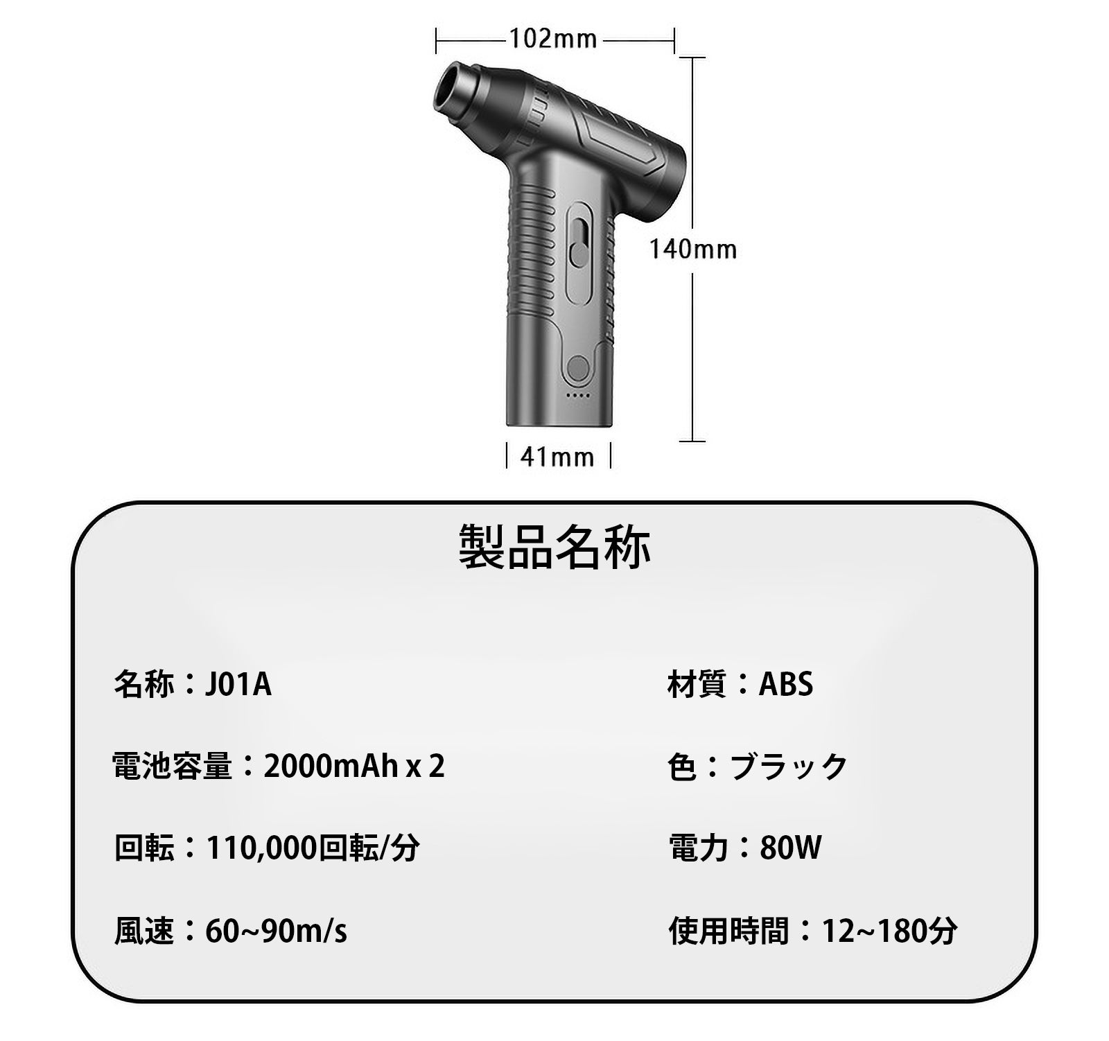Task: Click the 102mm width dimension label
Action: coord(553,39)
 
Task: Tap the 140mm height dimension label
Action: coord(692,250)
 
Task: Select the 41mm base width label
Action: coord(557,457)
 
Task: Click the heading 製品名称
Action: coord(554,547)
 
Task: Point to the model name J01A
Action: coord(238,685)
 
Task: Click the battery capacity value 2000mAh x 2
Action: coord(354,767)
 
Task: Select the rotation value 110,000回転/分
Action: coord(313,848)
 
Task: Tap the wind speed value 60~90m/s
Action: coord(276,931)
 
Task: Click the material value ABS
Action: coord(786,685)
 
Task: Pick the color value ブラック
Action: coord(789,767)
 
